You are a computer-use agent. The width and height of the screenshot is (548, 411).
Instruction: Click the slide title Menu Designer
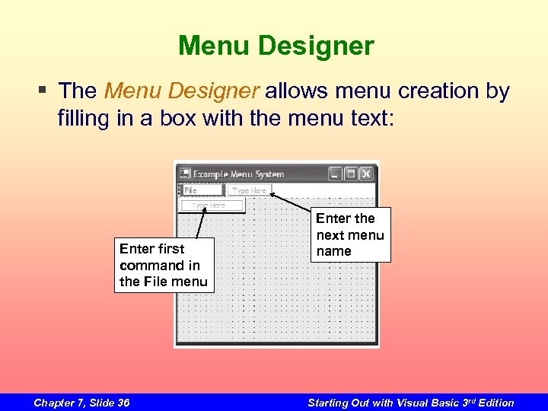(276, 46)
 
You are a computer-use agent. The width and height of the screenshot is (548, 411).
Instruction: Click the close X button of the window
(367, 174)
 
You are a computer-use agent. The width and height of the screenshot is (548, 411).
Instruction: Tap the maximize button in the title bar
(351, 174)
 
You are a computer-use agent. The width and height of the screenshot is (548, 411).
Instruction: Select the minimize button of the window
(336, 174)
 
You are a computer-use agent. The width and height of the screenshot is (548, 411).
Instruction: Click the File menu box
(202, 190)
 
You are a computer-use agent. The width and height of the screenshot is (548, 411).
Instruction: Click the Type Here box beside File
(250, 190)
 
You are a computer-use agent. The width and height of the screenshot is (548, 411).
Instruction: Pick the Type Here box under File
(213, 205)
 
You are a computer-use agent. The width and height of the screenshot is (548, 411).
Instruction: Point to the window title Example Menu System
(238, 174)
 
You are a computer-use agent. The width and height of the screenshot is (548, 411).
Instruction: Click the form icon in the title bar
(185, 174)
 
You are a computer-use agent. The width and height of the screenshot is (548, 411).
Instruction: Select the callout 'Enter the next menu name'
(350, 234)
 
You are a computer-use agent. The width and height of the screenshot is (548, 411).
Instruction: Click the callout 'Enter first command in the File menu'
(164, 265)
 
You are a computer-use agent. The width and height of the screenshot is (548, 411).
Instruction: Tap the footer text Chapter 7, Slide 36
(81, 403)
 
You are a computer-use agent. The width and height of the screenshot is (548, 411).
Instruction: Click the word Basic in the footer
(443, 403)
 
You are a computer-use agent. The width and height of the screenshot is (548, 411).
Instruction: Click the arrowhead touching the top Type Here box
(272, 196)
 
